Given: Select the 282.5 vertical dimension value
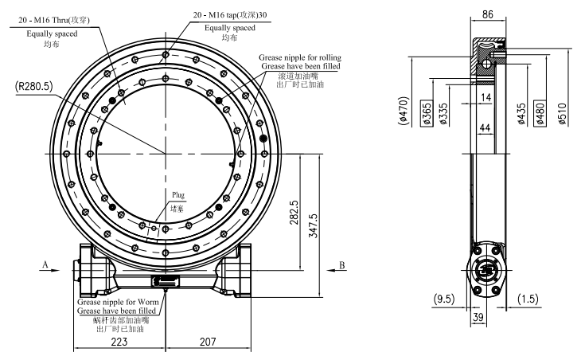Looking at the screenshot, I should (294, 212).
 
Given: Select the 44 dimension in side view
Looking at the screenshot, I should (485, 128).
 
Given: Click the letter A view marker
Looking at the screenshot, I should (45, 263).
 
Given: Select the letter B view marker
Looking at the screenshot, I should (340, 263).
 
